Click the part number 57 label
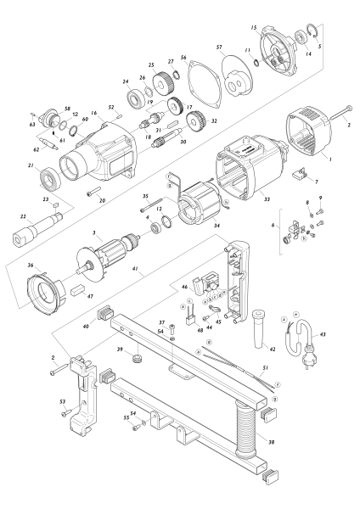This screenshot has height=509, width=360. pos(219,48)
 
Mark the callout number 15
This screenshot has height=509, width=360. pos(254,28)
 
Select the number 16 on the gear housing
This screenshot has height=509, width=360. pos(94,112)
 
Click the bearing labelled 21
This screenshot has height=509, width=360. pos(53,178)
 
